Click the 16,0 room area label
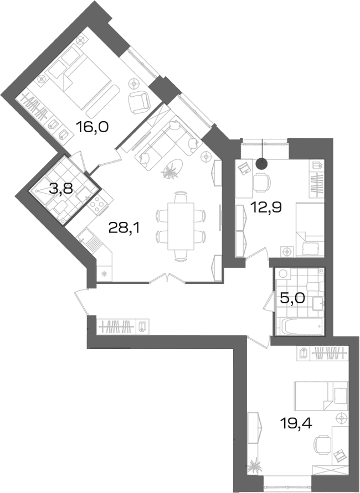(92, 127)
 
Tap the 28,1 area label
(124, 227)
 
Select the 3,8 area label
(61, 189)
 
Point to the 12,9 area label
(266, 207)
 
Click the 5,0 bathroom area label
(292, 298)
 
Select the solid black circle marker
(262, 163)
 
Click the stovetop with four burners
(98, 204)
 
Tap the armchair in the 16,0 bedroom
(139, 102)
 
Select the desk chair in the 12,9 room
(262, 181)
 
